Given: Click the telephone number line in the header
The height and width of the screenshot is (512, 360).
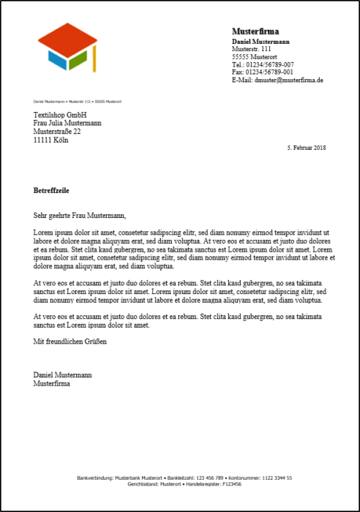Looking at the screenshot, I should tap(263, 64).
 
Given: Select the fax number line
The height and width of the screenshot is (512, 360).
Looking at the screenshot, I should tap(263, 72).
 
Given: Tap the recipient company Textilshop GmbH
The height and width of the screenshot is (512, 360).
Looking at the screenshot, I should tap(60, 116).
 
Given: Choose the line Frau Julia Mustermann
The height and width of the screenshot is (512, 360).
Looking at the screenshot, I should tap(67, 124).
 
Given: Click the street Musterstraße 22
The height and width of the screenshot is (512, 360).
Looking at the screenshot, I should tap(57, 132).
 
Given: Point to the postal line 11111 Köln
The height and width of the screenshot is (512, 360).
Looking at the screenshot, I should tap(50, 140).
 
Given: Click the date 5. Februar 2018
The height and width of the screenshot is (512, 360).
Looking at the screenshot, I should tap(307, 148).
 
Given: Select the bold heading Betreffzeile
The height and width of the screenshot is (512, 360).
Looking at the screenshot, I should tap(51, 190).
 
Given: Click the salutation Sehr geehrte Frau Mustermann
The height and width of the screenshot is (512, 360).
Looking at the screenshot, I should tap(80, 216).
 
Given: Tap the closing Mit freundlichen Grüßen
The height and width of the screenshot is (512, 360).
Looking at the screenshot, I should tap(70, 342).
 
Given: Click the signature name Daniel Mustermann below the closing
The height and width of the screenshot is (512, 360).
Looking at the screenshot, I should tap(63, 375).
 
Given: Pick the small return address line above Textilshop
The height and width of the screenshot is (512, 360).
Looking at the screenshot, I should tap(77, 101).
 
